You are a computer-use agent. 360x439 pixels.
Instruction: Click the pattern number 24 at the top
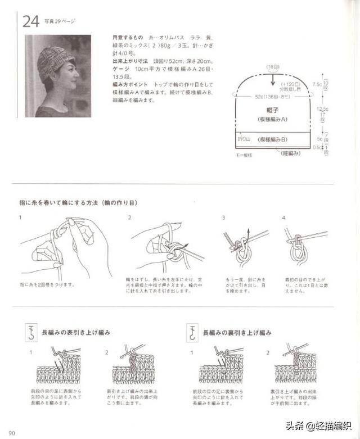(x=30, y=22)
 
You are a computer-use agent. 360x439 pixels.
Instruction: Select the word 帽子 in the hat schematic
(x=273, y=111)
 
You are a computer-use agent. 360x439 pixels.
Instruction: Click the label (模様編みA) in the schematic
(x=273, y=120)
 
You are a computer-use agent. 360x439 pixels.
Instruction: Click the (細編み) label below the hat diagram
(x=290, y=152)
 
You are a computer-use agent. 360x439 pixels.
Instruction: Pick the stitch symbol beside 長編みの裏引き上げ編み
(x=193, y=333)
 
